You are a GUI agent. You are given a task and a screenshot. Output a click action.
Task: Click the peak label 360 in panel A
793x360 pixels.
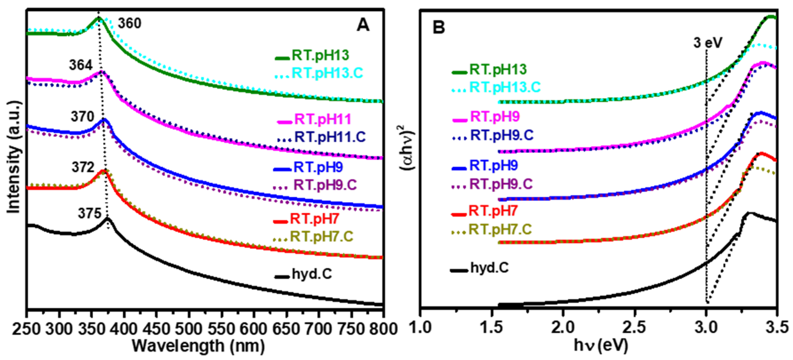[130, 23]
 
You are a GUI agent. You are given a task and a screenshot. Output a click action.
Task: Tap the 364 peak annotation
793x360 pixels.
[81, 65]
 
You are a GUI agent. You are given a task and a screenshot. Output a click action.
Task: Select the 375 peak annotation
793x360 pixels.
[90, 213]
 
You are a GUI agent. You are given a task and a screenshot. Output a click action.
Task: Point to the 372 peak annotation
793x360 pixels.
[83, 167]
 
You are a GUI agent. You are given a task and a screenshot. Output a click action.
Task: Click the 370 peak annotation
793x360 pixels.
[82, 117]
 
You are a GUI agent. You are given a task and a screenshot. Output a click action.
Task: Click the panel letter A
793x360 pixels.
[363, 25]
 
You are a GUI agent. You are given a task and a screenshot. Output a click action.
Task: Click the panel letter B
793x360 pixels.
[439, 27]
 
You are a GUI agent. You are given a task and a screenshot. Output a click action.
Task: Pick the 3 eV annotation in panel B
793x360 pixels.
[708, 43]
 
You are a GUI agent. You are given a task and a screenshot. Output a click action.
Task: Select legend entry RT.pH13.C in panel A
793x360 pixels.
[327, 73]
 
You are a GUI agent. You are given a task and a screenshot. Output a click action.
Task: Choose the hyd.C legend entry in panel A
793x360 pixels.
[312, 274]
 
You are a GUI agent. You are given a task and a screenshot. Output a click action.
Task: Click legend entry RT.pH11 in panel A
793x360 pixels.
[322, 119]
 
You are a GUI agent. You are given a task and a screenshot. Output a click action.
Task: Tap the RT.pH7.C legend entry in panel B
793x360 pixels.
[500, 229]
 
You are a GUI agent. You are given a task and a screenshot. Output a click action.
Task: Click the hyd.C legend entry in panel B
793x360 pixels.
[489, 268]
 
